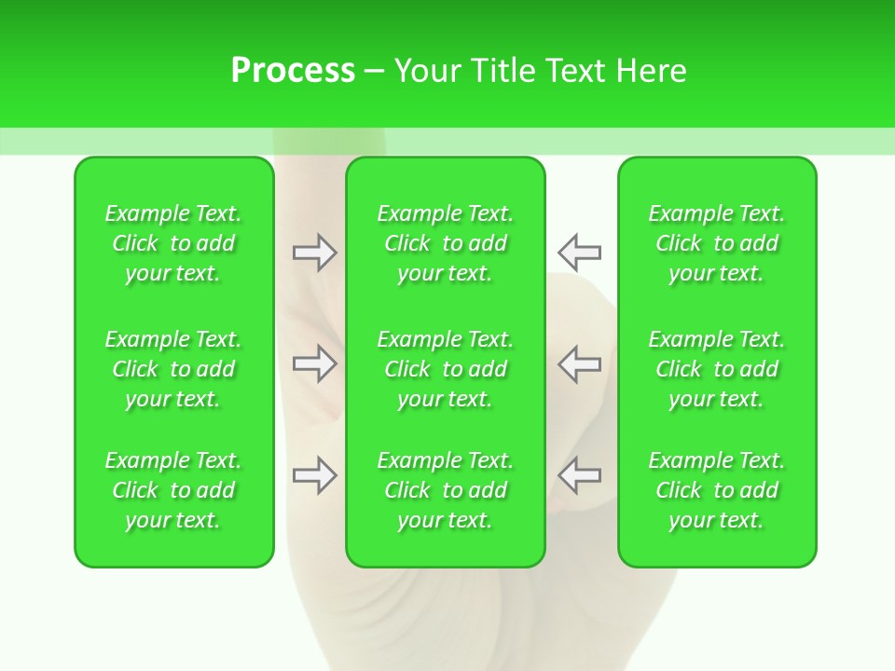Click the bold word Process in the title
[293, 71]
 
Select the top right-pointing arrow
[314, 253]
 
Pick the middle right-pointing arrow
[314, 363]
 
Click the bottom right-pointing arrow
[314, 475]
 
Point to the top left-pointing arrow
[579, 253]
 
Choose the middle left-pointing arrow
[579, 363]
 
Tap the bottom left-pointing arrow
[579, 475]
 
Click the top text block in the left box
[173, 243]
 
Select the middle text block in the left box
[173, 369]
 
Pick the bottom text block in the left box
[173, 490]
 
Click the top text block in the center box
[446, 243]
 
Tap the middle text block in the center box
[446, 369]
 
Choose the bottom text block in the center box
[446, 490]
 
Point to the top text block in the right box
[717, 243]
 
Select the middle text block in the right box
[717, 369]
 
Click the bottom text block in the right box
[717, 490]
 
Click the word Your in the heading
[428, 71]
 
